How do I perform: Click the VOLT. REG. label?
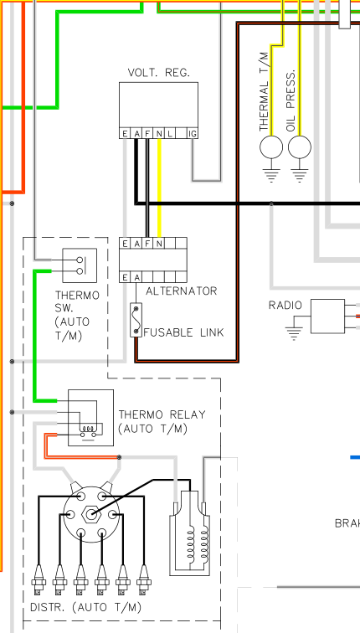point(158,73)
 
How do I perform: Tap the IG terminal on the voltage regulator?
point(193,134)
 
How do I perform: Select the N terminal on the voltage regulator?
point(159,134)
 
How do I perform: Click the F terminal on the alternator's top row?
point(147,243)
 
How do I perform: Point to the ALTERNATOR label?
point(181,291)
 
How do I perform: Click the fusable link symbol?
point(136,320)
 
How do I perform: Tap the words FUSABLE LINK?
point(183,332)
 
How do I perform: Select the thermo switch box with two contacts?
point(80,265)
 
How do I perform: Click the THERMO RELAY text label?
point(162,414)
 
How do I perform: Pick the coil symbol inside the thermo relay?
point(89,430)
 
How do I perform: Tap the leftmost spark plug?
point(39,579)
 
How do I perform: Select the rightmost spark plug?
point(143,579)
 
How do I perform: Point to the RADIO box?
point(327,316)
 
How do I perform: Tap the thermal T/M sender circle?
point(271,147)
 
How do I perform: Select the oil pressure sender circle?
point(300,147)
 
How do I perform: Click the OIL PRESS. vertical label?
point(291,100)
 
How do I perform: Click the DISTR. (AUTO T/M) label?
point(86,607)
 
